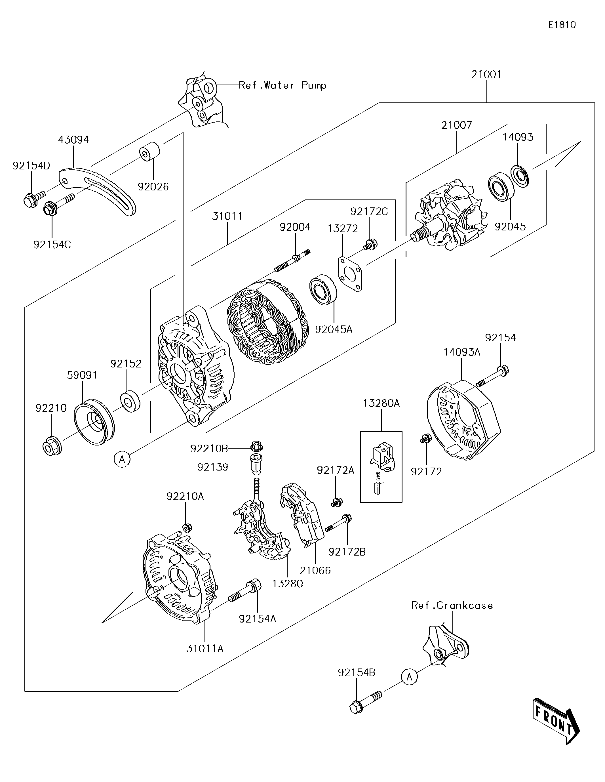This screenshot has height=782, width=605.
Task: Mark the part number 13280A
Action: (x=381, y=403)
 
